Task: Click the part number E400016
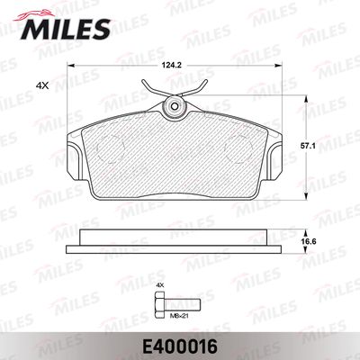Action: (x=179, y=345)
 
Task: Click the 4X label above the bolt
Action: (x=160, y=285)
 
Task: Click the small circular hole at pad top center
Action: (x=175, y=106)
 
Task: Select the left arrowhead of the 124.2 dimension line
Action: (x=72, y=69)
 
